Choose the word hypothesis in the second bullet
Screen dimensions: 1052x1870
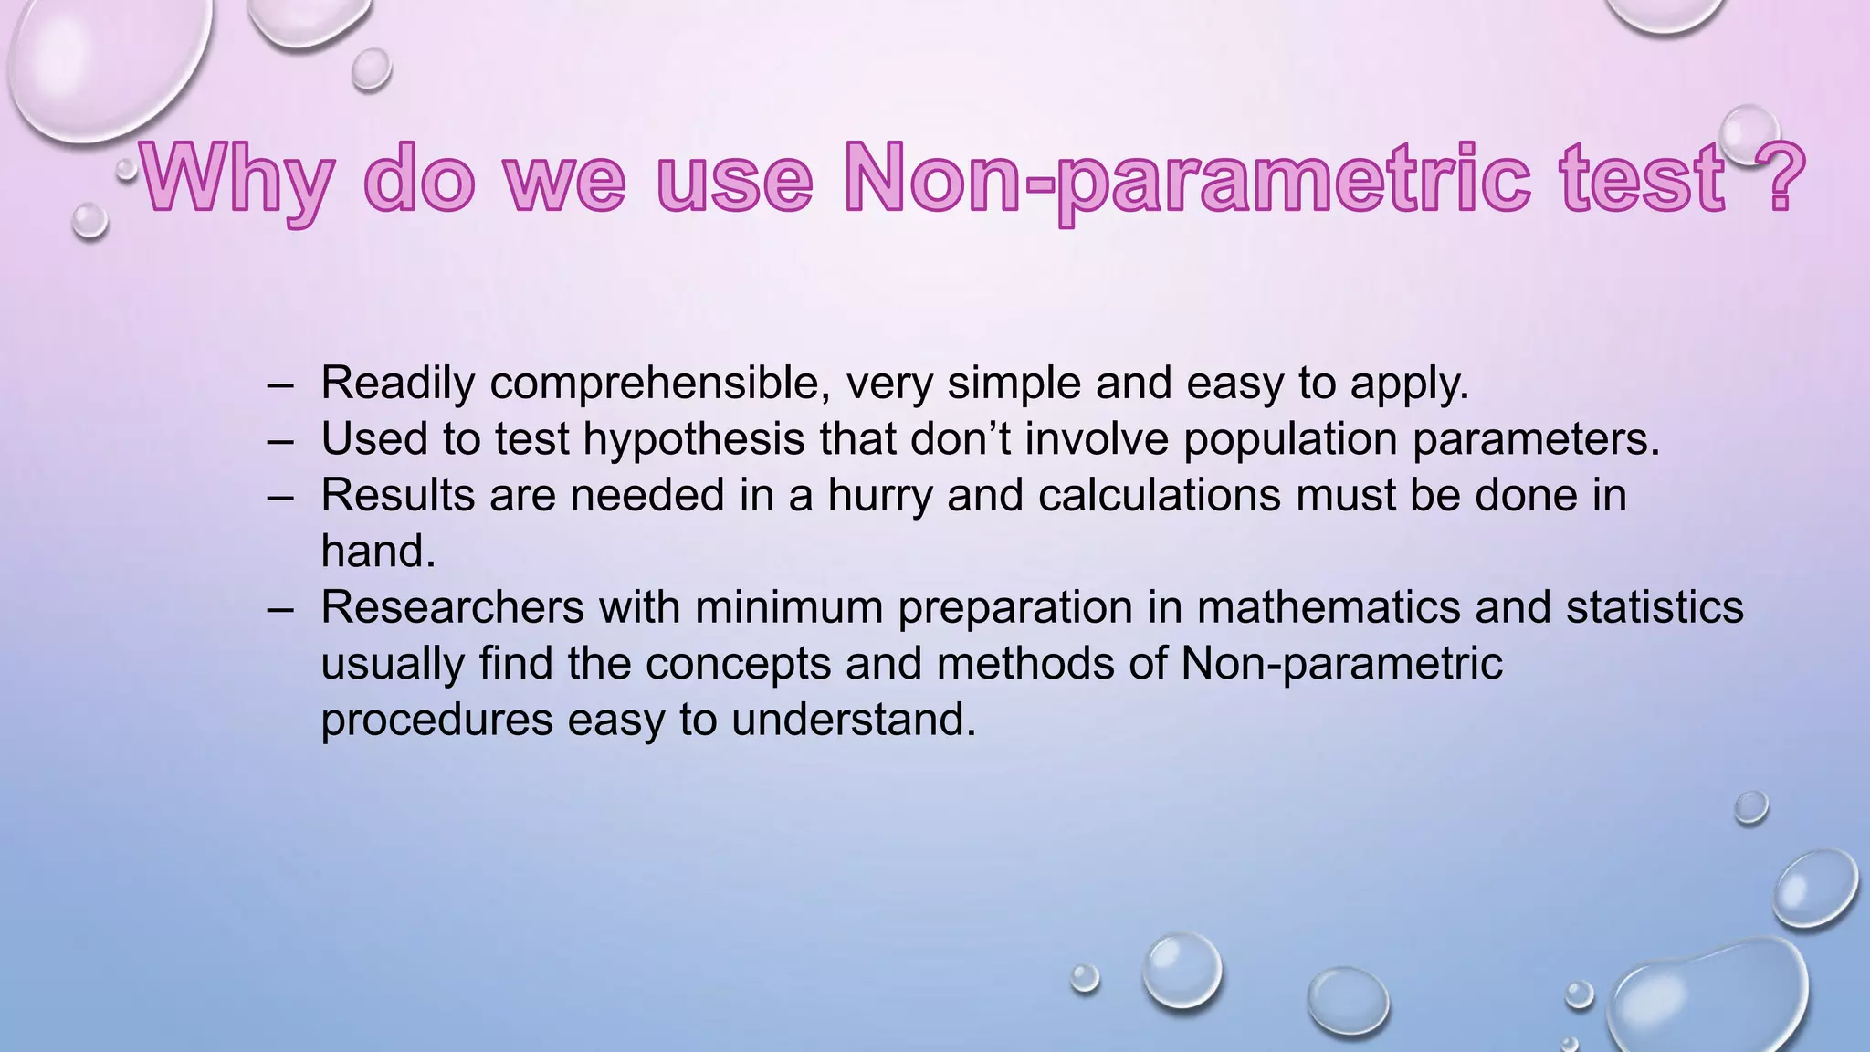tap(693, 439)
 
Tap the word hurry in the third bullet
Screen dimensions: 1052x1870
tap(879, 495)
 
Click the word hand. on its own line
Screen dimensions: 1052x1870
tap(378, 552)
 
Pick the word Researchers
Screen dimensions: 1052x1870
tap(452, 607)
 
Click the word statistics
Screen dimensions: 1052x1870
tap(1655, 607)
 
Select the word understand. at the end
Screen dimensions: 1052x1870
tap(854, 720)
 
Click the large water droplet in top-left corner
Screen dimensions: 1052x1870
tap(100, 64)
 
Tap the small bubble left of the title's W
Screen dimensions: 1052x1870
tap(89, 220)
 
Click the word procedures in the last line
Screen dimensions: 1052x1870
tap(436, 720)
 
